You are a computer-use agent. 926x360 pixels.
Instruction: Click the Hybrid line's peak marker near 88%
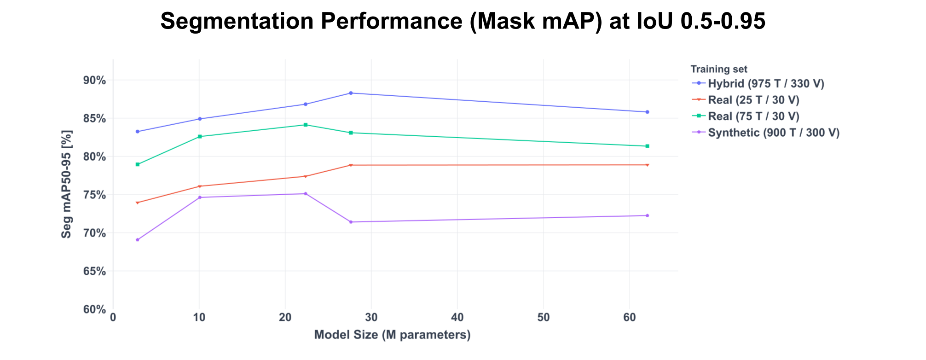pos(351,93)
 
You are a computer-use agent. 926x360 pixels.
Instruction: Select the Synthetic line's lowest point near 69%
pos(138,240)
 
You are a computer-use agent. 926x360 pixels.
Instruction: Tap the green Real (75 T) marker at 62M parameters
pos(647,146)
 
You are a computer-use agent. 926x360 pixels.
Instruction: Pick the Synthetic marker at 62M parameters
pos(647,215)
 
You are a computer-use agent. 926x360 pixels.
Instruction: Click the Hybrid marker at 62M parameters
pos(647,112)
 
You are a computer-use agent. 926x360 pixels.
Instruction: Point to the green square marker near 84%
pos(306,125)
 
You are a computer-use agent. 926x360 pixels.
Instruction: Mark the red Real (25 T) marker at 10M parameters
pos(200,186)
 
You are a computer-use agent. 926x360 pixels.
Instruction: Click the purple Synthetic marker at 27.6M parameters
pos(351,222)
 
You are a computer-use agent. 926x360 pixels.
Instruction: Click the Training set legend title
pos(719,69)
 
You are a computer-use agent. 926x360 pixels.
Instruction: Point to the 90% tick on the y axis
pos(94,81)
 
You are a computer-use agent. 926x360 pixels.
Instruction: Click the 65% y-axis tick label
pos(94,271)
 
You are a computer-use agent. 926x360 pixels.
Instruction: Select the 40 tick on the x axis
pos(457,318)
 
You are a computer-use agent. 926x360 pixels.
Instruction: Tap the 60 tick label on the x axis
pos(630,318)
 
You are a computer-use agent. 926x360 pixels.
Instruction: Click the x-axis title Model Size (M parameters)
pos(392,335)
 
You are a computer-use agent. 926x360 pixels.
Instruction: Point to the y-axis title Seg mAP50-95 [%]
pos(67,184)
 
